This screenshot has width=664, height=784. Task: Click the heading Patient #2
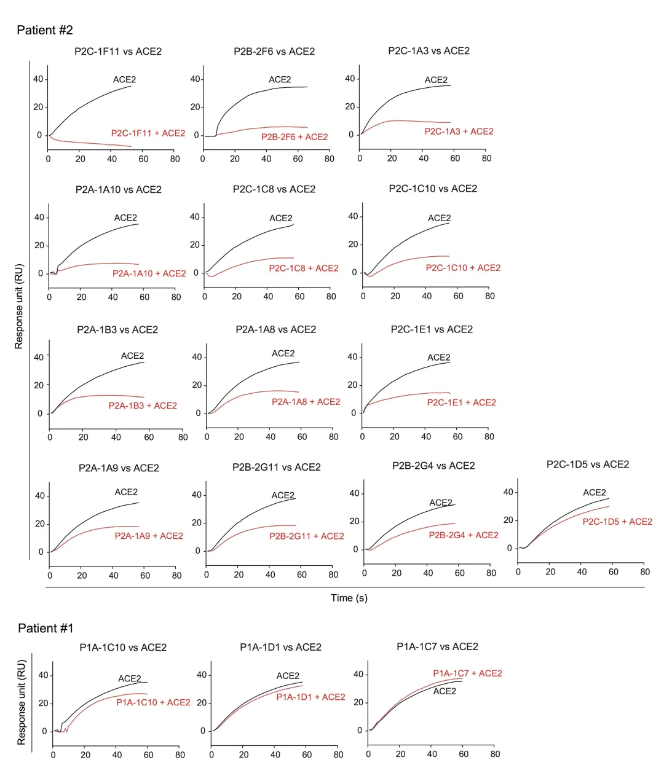coord(45,30)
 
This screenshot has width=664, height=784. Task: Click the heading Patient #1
coord(45,628)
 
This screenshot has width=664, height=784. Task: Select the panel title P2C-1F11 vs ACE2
coord(118,52)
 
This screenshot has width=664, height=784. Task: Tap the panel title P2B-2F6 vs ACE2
coord(274,52)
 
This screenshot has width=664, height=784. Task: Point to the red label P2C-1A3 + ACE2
coord(459,131)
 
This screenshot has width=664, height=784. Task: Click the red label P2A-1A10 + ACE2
coord(149,273)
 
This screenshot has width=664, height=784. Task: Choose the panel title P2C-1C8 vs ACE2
coord(274,189)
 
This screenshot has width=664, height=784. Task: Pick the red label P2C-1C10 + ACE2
coord(463,268)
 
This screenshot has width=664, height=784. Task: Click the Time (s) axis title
coord(349,598)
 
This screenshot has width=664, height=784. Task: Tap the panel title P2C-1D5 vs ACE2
coord(588,465)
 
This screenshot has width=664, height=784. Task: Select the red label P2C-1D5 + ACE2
coord(617,522)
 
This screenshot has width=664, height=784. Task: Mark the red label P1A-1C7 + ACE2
coord(467,673)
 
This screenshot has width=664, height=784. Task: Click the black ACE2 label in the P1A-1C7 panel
coord(445,691)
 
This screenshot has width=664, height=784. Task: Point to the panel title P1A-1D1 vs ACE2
coord(280,647)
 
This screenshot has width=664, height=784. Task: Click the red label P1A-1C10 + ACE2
coord(153,702)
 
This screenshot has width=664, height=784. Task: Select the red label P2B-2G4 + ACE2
coord(464,535)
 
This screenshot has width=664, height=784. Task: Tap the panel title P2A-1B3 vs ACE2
coord(117,330)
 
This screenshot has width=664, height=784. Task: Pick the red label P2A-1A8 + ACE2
coord(306,402)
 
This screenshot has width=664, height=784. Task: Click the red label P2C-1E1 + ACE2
coord(462,402)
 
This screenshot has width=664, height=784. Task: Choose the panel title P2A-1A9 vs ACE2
coord(119,468)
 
